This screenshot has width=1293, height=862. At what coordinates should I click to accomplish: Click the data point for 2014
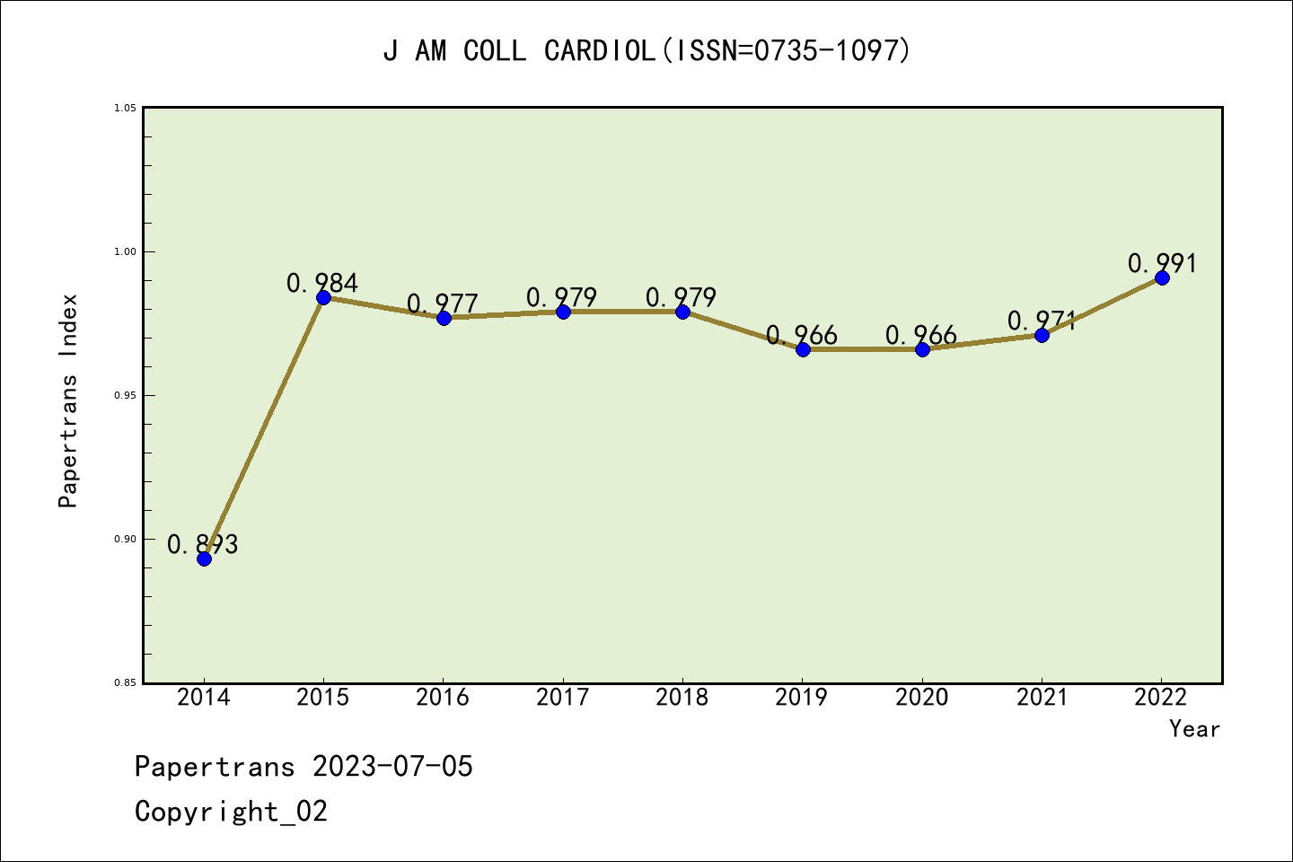[204, 559]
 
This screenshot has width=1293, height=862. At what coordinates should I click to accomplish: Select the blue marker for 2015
[323, 297]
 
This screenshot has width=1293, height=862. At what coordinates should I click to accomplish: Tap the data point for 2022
[1162, 277]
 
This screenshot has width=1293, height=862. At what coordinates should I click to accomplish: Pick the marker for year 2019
[803, 349]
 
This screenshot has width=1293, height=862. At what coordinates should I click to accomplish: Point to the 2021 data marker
[1042, 335]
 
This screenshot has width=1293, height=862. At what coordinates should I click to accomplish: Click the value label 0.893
[203, 544]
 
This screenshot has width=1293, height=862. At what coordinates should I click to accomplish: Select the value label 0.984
[322, 283]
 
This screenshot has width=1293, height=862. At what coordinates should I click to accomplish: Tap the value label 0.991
[1163, 263]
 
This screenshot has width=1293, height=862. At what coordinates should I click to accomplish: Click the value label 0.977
[443, 303]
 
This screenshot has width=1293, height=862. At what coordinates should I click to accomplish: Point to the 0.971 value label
[1042, 321]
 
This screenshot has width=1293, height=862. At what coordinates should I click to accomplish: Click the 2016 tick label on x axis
[443, 698]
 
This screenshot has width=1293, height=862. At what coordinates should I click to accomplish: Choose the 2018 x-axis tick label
[682, 698]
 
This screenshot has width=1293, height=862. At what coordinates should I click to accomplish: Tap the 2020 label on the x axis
[922, 698]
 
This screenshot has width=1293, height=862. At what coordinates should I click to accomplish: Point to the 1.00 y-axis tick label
[125, 252]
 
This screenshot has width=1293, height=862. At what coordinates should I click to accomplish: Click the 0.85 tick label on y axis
[125, 683]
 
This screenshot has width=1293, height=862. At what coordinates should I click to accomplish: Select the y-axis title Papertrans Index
[68, 400]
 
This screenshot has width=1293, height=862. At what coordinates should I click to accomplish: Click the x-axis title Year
[1194, 729]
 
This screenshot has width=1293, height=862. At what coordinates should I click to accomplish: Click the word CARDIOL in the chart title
[600, 50]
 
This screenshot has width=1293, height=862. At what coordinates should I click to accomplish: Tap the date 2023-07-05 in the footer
[392, 767]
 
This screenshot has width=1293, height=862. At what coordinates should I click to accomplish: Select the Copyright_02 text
[232, 812]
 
